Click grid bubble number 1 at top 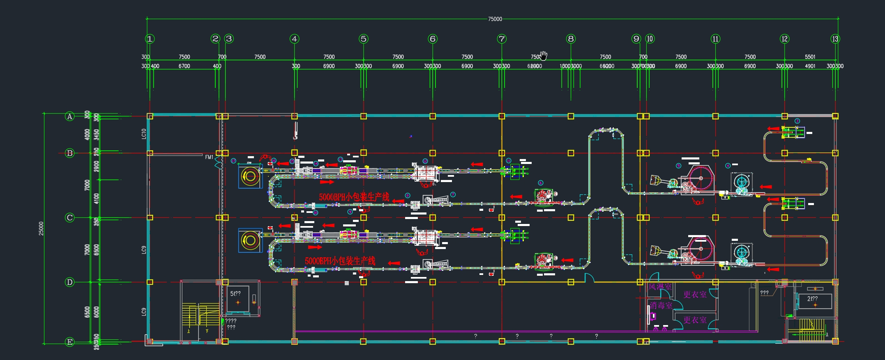[x=150, y=39]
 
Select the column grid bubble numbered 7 [x=502, y=39]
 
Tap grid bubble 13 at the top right [x=835, y=39]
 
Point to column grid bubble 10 [x=650, y=39]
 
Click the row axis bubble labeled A [x=70, y=117]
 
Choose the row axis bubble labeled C [x=70, y=218]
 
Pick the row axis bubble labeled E [x=70, y=342]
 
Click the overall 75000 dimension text [x=495, y=19]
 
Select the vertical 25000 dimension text [x=41, y=228]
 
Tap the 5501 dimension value [x=810, y=57]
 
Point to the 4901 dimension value [x=810, y=66]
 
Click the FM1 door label [x=209, y=157]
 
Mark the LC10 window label [x=144, y=134]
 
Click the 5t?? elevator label [x=235, y=294]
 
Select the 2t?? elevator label [x=812, y=299]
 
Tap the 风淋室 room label [x=660, y=287]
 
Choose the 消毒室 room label [x=661, y=306]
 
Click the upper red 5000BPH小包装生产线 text [x=354, y=197]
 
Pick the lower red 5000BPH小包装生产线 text [x=340, y=261]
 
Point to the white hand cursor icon [x=544, y=55]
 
